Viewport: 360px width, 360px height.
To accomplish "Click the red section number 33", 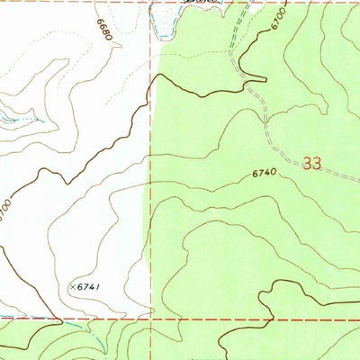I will coord(312,164).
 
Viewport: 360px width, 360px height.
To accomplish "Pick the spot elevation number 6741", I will coord(86,286).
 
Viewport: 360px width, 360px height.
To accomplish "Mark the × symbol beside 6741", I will coord(70,286).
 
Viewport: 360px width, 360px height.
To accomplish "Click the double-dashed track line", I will coord(261,103).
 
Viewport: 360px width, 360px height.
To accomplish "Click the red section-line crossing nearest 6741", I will coord(149,318).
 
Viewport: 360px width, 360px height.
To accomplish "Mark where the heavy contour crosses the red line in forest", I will coord(270,318).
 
